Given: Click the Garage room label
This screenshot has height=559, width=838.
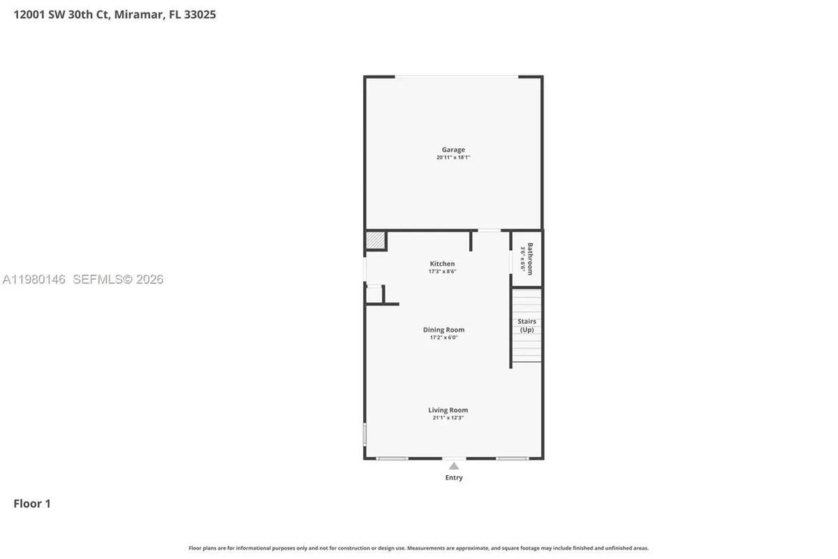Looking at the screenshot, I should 453,150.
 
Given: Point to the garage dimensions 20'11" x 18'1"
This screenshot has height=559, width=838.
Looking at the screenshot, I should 453,158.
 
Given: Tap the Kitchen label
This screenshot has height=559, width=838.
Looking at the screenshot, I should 442,263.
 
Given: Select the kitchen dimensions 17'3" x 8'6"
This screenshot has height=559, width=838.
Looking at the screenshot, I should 442,271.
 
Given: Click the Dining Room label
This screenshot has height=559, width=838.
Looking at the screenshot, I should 443,330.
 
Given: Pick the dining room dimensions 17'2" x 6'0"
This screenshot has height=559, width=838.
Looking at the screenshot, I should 443,337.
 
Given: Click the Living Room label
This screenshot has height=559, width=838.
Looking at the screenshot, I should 448,410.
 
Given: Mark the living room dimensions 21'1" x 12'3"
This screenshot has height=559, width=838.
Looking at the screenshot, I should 448,418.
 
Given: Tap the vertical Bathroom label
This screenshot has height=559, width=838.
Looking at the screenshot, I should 530,259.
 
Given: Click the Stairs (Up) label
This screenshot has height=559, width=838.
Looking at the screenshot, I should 527,326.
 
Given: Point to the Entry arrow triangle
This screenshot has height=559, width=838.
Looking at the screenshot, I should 454,466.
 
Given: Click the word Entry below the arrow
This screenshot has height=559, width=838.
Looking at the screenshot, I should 454,478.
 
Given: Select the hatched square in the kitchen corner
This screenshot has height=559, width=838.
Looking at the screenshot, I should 375,240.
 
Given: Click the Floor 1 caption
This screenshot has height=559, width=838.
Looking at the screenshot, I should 32,503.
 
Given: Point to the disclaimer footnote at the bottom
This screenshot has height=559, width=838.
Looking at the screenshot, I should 418,549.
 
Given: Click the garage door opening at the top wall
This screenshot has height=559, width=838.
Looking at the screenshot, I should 457,77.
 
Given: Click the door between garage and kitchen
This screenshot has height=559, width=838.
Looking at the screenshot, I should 489,231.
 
